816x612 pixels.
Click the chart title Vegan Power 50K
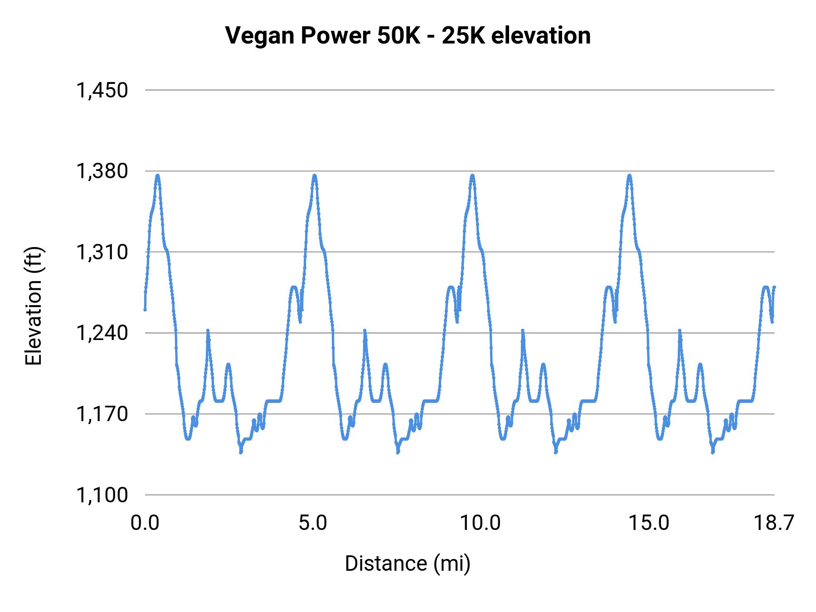point(408,35)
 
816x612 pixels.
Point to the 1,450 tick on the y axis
point(102,90)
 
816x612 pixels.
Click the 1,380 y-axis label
point(102,171)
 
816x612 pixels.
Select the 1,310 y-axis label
point(102,252)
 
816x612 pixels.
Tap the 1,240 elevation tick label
point(102,333)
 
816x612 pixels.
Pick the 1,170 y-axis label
point(102,414)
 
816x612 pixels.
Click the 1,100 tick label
point(102,495)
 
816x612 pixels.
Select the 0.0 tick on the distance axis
point(145,523)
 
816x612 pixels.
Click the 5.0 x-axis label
point(313,523)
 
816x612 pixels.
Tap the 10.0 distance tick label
point(481,523)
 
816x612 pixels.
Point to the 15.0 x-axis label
point(648,523)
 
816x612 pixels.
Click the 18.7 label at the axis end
point(773,523)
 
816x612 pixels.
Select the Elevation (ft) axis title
point(34,306)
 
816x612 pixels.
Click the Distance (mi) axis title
point(408,563)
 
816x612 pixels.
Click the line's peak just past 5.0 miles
point(315,175)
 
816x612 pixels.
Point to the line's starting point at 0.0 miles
point(145,310)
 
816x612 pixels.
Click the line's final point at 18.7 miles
point(774,287)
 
